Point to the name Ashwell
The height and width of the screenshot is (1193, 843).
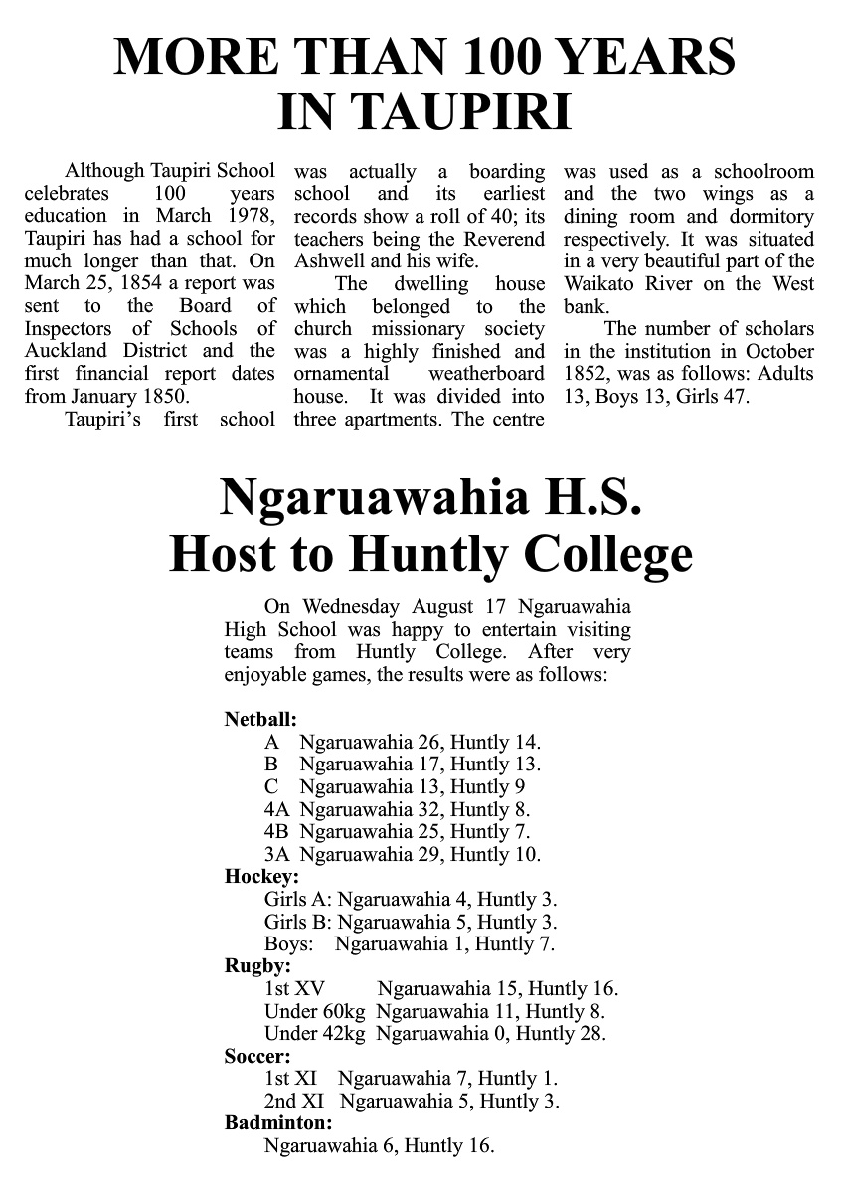(333, 261)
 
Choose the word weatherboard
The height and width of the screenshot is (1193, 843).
(486, 374)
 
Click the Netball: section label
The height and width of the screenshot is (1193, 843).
(260, 719)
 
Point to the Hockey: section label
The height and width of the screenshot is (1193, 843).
(261, 877)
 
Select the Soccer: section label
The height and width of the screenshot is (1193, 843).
(257, 1056)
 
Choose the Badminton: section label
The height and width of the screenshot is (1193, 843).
(278, 1123)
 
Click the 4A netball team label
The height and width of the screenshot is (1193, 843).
(277, 809)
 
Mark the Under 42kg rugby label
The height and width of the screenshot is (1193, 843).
(315, 1033)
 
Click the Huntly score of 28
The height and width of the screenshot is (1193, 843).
(592, 1033)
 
